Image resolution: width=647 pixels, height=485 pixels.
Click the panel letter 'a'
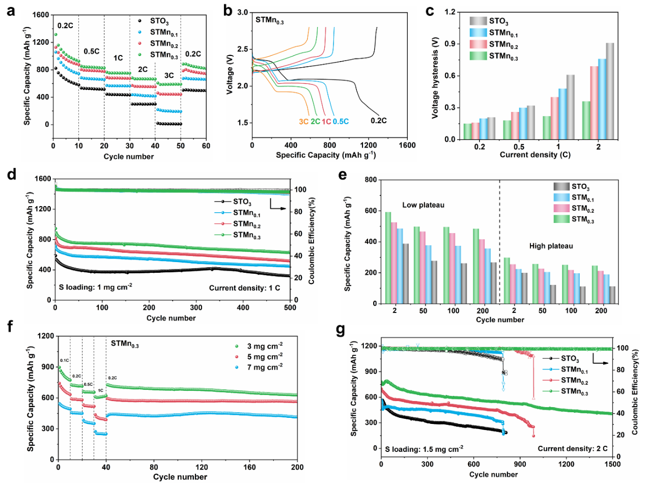11,10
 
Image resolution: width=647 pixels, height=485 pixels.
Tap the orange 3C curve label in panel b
303,122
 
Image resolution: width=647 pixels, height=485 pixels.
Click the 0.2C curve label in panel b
378,121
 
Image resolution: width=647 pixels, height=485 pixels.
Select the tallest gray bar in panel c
609,91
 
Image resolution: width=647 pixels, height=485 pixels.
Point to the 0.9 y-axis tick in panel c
449,44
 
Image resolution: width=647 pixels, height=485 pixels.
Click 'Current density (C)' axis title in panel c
535,155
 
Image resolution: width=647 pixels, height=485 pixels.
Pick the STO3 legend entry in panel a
159,21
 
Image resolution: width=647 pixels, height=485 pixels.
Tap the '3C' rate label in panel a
168,75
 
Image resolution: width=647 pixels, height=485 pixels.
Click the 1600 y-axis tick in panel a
41,15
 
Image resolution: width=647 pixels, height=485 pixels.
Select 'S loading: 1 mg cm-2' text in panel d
96,287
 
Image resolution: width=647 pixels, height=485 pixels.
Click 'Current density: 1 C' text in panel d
244,288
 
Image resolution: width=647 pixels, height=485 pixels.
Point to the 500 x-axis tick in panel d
290,307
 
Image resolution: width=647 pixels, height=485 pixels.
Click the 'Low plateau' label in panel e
423,205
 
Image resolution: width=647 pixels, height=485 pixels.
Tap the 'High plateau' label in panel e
551,246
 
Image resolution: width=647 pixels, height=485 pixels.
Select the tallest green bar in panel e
388,258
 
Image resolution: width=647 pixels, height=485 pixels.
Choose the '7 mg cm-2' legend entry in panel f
265,367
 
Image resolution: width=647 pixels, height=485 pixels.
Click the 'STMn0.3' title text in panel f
125,345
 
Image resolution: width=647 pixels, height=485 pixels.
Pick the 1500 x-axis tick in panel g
612,464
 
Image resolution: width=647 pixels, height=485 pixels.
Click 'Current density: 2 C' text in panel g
572,448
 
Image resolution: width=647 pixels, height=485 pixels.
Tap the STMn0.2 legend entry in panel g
574,381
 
